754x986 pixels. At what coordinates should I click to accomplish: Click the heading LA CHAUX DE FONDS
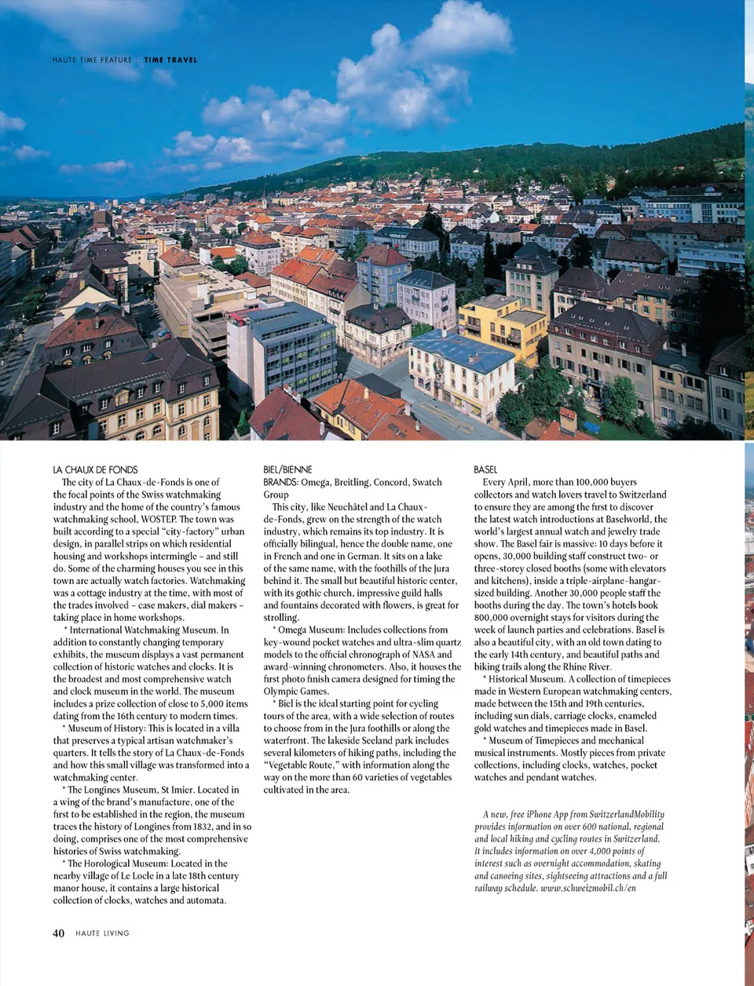point(95,469)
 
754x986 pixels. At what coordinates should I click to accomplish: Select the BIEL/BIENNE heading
point(287,469)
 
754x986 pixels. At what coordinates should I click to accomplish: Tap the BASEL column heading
point(485,469)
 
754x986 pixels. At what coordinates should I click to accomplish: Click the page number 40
point(58,933)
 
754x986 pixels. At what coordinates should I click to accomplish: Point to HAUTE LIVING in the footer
point(102,933)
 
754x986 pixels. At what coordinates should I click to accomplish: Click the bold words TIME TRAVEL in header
point(170,60)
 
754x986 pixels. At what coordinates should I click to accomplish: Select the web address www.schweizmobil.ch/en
point(588,888)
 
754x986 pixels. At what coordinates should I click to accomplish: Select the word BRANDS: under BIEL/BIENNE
point(280,482)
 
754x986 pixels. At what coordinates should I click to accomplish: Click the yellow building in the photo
point(503,322)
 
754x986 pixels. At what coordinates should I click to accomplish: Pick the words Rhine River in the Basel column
point(586,666)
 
